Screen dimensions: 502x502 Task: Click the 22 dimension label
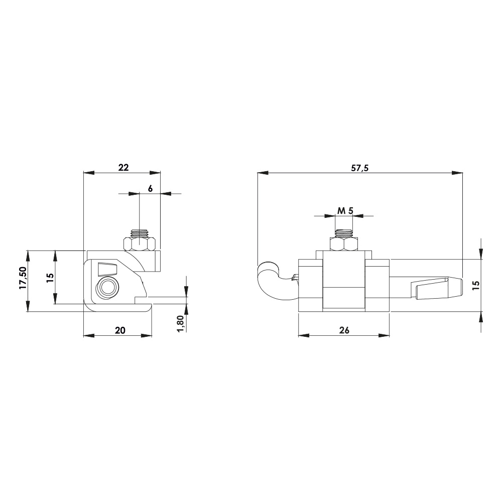123,168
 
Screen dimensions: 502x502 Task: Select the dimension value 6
150,188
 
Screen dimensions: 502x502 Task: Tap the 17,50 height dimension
23,278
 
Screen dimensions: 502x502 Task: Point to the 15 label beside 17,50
49,278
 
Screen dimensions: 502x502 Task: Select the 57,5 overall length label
359,169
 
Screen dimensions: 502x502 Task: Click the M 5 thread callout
344,211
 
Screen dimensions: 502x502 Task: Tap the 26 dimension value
344,330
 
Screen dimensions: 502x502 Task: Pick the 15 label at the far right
476,284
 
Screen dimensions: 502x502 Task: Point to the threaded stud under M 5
344,233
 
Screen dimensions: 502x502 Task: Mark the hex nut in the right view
344,244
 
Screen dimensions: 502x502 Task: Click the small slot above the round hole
107,269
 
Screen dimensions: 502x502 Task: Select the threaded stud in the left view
139,233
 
